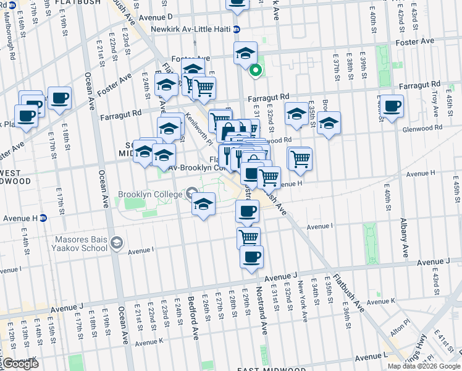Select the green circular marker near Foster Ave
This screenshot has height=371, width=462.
(x=254, y=70)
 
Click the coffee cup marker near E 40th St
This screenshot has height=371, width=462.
(x=392, y=105)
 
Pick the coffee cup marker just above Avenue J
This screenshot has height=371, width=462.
(x=251, y=257)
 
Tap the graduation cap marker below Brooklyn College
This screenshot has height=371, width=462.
(x=203, y=204)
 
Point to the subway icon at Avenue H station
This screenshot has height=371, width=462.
(x=43, y=218)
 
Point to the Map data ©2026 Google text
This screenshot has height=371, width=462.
(x=423, y=366)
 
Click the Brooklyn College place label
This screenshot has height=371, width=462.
(x=156, y=193)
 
